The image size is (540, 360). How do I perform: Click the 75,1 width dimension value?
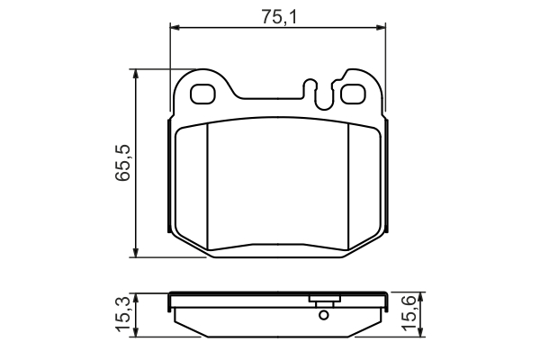[x=279, y=17]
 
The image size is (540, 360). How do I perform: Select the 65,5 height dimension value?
[x=123, y=162]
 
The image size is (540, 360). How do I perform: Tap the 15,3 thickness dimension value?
[x=123, y=314]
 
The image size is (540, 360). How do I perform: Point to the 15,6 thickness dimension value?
[x=409, y=314]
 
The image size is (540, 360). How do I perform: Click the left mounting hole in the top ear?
[x=202, y=94]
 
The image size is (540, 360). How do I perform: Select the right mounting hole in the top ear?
[x=353, y=94]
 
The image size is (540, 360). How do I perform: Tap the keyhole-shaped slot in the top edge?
[x=319, y=94]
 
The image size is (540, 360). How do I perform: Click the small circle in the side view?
[x=323, y=315]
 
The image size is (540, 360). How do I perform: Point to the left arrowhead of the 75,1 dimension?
[x=175, y=28]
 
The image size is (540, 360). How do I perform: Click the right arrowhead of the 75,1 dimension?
[x=381, y=28]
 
